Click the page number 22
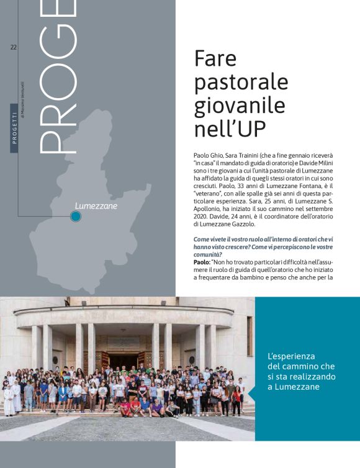point(13,48)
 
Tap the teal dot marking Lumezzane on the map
point(76,216)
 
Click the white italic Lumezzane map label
point(96,205)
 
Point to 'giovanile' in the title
point(240,105)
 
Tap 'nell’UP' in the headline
point(230,128)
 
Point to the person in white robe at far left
point(9,400)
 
